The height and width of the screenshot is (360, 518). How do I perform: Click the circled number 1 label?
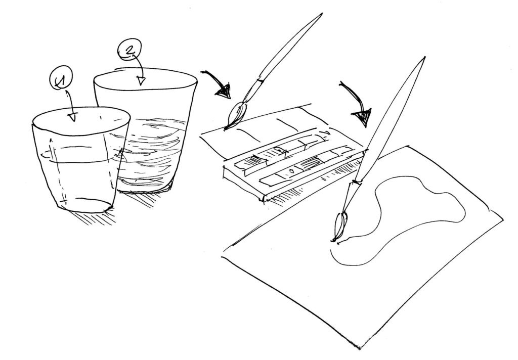tap(61, 78)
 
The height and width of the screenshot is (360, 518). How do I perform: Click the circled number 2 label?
tap(129, 50)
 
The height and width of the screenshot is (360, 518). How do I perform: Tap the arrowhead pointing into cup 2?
tap(142, 80)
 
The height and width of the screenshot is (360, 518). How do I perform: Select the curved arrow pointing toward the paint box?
tap(218, 80)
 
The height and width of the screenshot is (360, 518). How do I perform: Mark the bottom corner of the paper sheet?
tap(359, 349)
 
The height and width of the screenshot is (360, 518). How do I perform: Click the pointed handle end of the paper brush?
tap(424, 58)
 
